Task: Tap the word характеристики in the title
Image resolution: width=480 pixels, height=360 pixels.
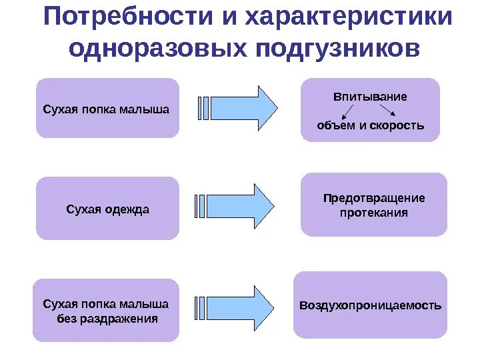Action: tap(349, 17)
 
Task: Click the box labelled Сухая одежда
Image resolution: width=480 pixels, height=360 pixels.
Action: tap(107, 209)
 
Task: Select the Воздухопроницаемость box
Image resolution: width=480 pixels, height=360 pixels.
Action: tap(370, 305)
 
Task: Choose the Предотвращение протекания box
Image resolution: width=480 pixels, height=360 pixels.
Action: tap(373, 205)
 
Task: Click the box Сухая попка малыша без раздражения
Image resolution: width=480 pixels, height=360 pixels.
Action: tap(106, 311)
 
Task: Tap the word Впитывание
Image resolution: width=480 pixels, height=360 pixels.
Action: tap(370, 97)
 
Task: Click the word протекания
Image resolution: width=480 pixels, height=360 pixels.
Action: tap(373, 213)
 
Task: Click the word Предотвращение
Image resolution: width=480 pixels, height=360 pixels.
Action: tap(373, 198)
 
